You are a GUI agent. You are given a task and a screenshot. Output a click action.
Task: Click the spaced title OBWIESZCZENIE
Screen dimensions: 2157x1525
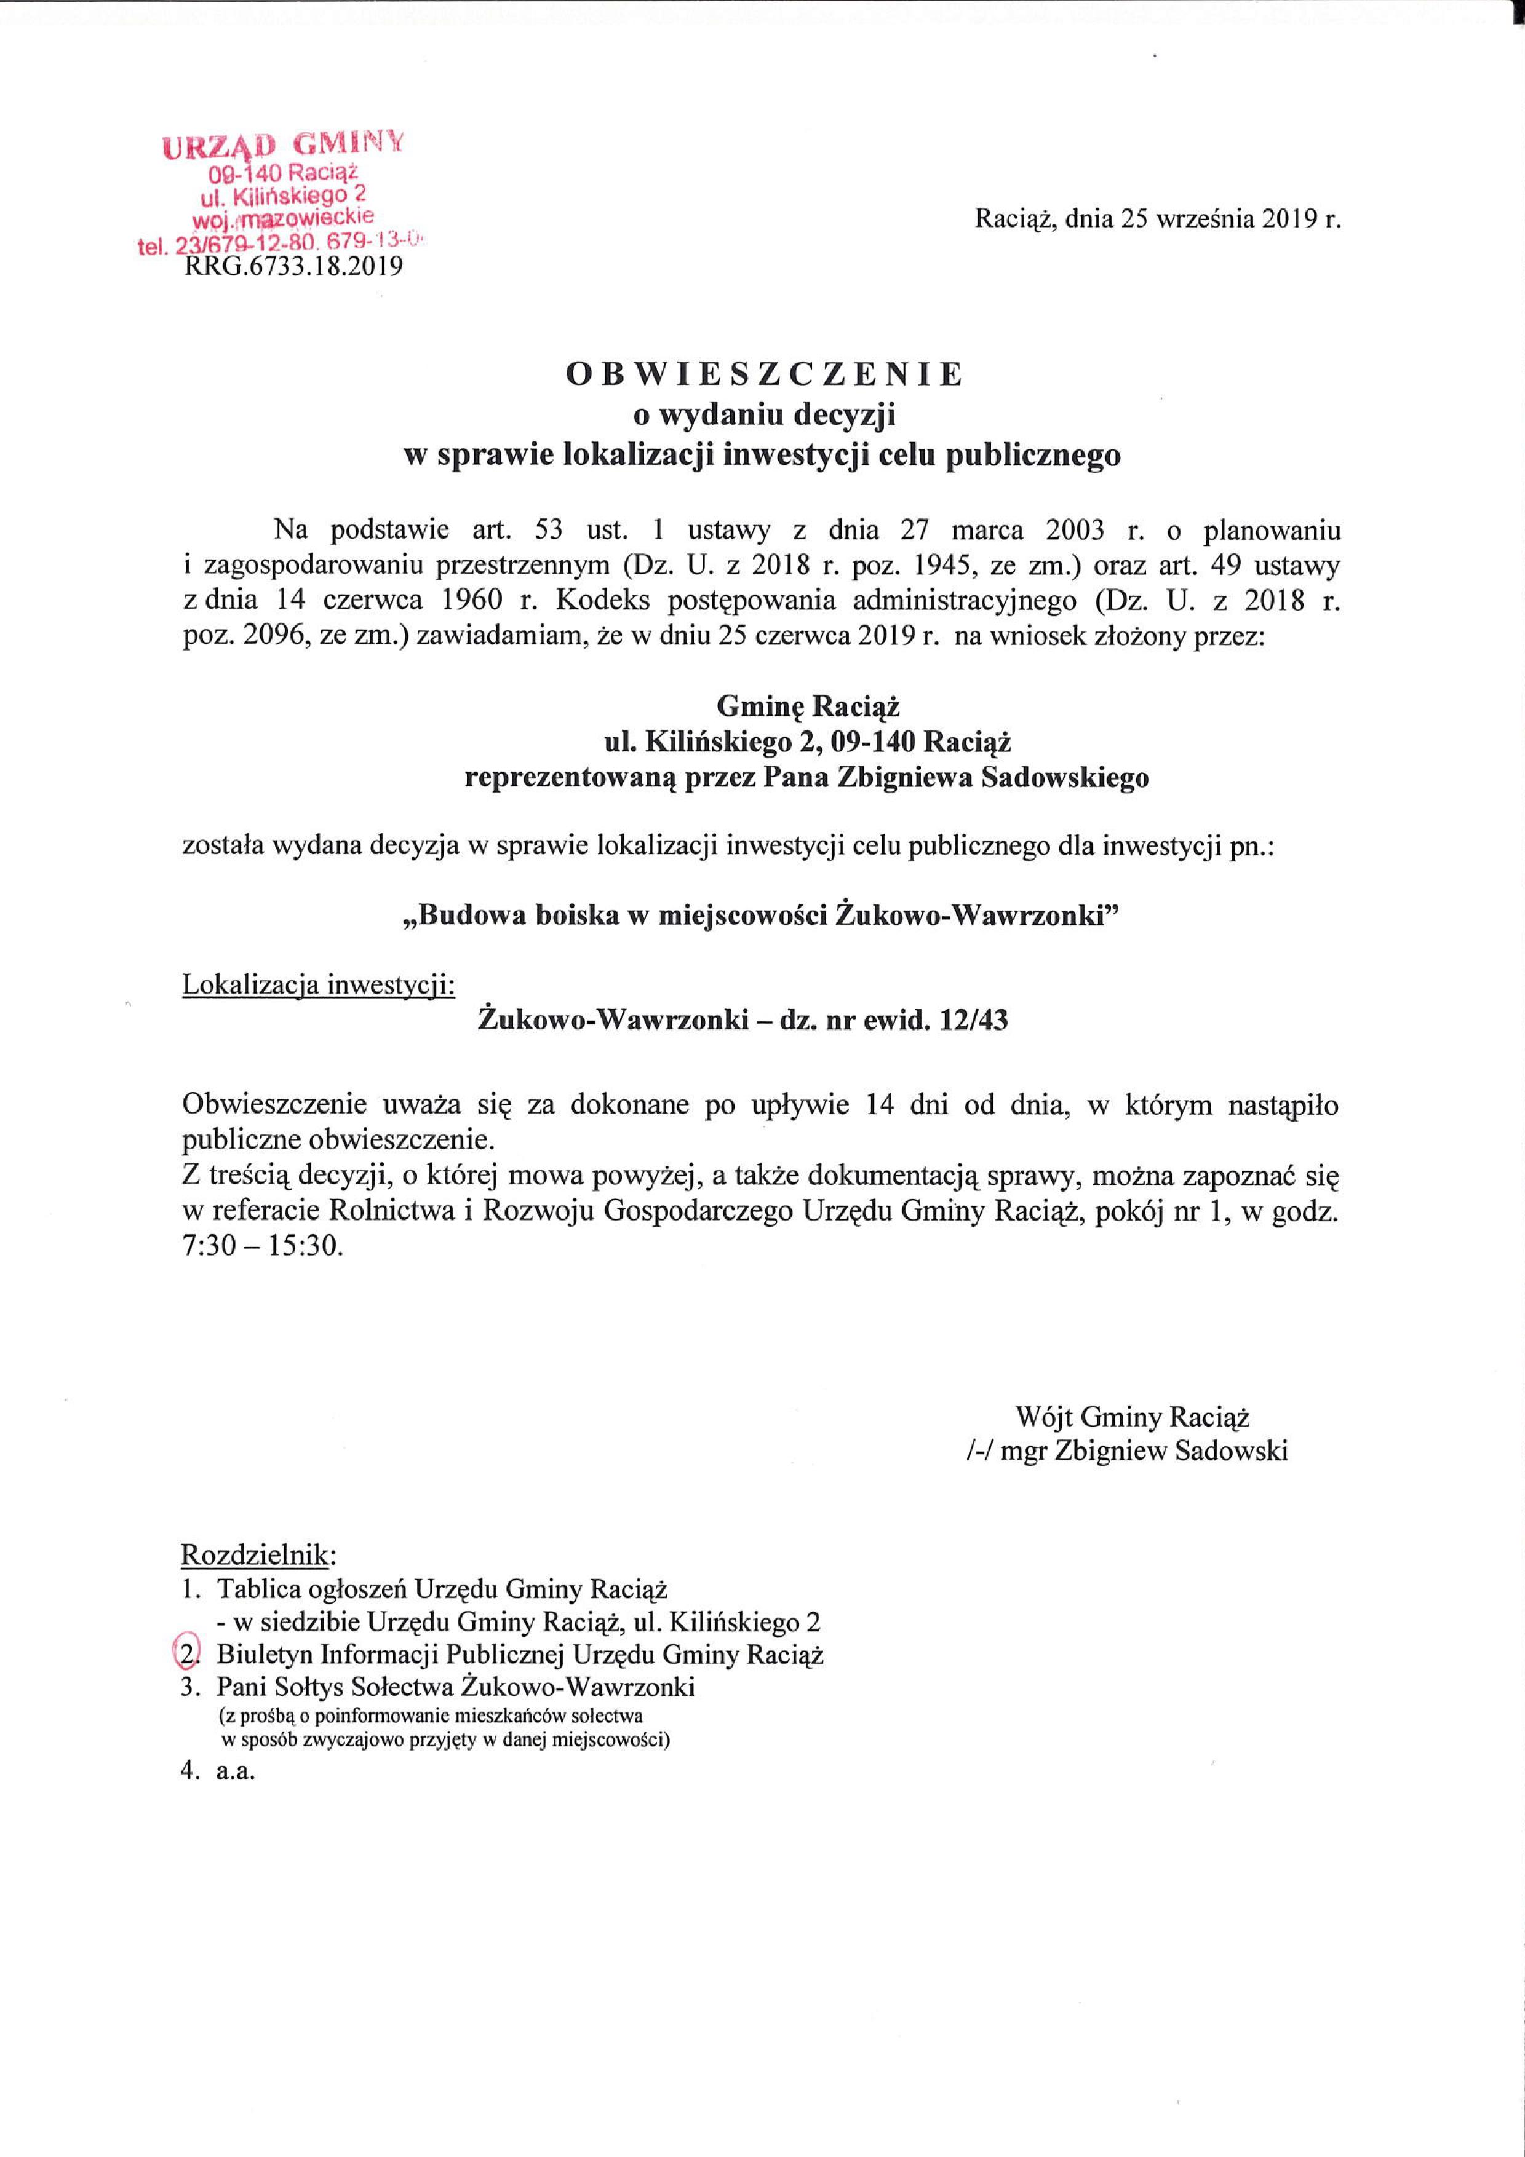(x=764, y=374)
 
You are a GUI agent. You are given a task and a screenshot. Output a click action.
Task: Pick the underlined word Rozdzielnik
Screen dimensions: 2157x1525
(x=255, y=1555)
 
